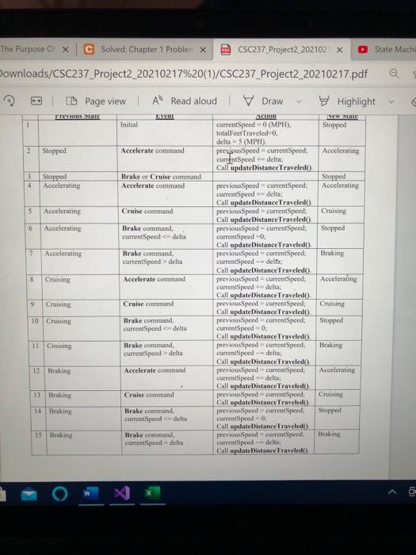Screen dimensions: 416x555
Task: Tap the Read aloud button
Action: [185, 101]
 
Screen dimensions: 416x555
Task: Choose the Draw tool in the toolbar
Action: [265, 101]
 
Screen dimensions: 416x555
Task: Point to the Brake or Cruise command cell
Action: [161, 176]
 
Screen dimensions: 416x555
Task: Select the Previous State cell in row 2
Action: [55, 150]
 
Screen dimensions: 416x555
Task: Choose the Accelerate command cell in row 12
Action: [151, 370]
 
